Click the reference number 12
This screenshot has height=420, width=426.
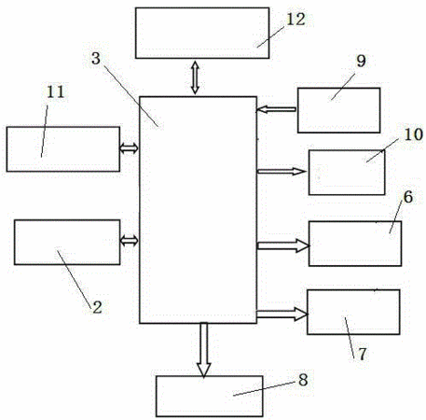pyautogui.click(x=295, y=20)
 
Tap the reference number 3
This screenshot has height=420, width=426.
pyautogui.click(x=96, y=59)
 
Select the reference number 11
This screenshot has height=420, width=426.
pyautogui.click(x=55, y=91)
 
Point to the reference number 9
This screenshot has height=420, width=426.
pyautogui.click(x=361, y=61)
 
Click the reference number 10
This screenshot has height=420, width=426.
pyautogui.click(x=413, y=134)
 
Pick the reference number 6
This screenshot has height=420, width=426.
pyautogui.click(x=408, y=197)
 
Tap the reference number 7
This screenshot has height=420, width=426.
pyautogui.click(x=363, y=354)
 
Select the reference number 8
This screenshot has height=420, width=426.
pyautogui.click(x=303, y=380)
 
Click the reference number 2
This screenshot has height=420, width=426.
pyautogui.click(x=97, y=307)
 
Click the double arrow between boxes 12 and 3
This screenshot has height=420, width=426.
pyautogui.click(x=195, y=77)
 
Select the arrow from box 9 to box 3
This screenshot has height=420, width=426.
pyautogui.click(x=276, y=109)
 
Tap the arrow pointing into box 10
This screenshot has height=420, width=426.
pyautogui.click(x=282, y=171)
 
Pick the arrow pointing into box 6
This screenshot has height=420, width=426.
pyautogui.click(x=283, y=245)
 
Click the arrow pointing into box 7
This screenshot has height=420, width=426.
pyautogui.click(x=282, y=314)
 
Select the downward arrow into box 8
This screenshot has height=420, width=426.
pyautogui.click(x=204, y=350)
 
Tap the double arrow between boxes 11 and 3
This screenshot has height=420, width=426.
pyautogui.click(x=129, y=148)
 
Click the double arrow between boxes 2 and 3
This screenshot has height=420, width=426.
pyautogui.click(x=130, y=241)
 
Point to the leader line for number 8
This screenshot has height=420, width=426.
pyautogui.click(x=264, y=388)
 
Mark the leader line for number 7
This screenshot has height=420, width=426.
pyautogui.click(x=350, y=338)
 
